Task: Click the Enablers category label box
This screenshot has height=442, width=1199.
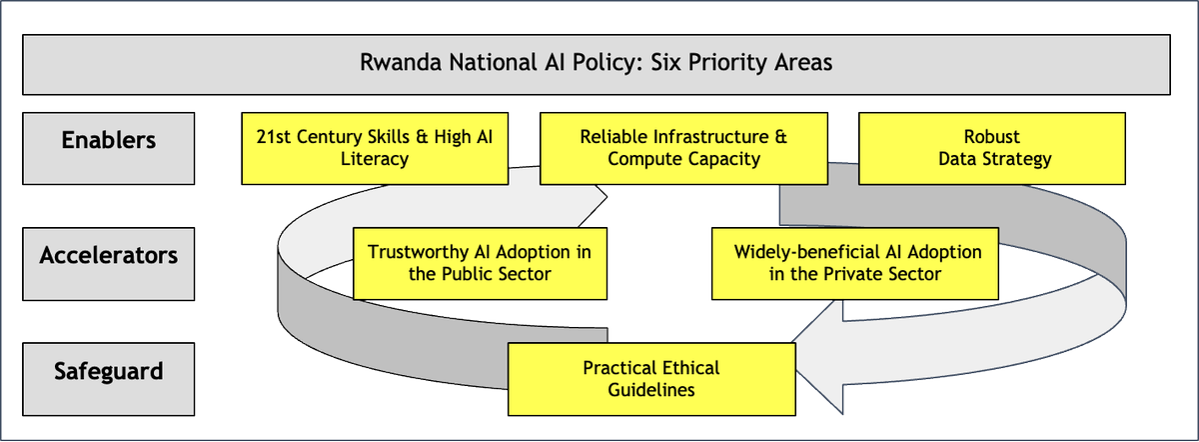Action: pos(109,148)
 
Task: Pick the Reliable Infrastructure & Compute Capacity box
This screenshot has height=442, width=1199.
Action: pos(683,148)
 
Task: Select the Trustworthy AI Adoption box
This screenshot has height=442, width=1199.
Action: pos(479,262)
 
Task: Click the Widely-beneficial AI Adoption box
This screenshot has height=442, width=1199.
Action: pos(854,262)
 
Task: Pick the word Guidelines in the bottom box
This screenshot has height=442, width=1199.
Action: pos(650,390)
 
